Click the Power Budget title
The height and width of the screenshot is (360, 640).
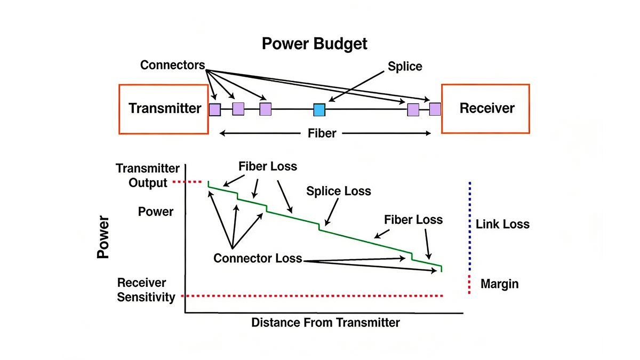pyautogui.click(x=315, y=43)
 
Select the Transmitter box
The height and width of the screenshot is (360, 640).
pyautogui.click(x=164, y=109)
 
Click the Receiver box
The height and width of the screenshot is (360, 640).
pyautogui.click(x=486, y=109)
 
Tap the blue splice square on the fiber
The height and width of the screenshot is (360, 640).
pyautogui.click(x=319, y=110)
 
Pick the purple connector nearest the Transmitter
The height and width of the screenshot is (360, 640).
pyautogui.click(x=214, y=110)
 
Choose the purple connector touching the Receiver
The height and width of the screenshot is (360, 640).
pyautogui.click(x=435, y=109)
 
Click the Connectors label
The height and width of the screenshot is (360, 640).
pyautogui.click(x=172, y=65)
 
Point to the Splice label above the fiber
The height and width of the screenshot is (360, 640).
pyautogui.click(x=405, y=66)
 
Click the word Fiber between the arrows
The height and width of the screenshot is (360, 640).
pyautogui.click(x=322, y=133)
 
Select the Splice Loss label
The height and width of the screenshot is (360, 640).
pyautogui.click(x=339, y=190)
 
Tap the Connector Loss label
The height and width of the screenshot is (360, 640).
pyautogui.click(x=258, y=259)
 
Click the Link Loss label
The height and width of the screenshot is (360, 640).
pyautogui.click(x=502, y=224)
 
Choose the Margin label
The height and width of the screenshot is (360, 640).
pyautogui.click(x=499, y=284)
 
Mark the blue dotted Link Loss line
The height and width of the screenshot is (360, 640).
pyautogui.click(x=470, y=224)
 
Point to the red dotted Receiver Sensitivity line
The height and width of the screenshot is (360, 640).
pyautogui.click(x=315, y=295)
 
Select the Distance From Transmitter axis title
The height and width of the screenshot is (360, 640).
pyautogui.click(x=325, y=323)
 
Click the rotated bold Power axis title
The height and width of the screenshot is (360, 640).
pyautogui.click(x=103, y=237)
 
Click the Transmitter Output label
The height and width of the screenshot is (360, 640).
pyautogui.click(x=148, y=175)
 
